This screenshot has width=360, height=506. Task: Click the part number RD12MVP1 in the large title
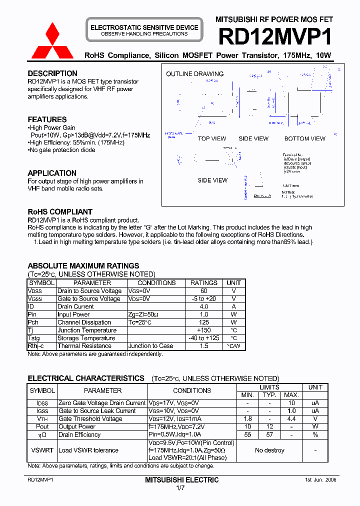point(275,37)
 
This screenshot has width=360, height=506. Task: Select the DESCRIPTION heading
point(52,73)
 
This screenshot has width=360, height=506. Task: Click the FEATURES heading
point(47,119)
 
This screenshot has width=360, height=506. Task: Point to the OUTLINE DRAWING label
point(194,74)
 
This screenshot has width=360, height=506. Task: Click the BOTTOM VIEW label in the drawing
point(304,139)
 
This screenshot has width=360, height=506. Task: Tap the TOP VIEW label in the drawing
point(212,139)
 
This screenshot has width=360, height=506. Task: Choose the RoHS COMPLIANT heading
point(60,212)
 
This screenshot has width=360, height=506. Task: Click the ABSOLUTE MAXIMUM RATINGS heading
point(83,266)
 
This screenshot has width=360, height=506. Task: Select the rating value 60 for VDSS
point(204,291)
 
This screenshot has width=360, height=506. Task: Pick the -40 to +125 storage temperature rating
point(204,338)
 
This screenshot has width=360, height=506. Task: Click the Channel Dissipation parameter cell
point(84,322)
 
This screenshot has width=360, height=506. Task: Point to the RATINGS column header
point(204,283)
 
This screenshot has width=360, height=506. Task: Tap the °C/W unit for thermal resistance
point(233,346)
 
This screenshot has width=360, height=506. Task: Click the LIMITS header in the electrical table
point(269,387)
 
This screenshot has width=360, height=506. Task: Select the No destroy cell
point(269,450)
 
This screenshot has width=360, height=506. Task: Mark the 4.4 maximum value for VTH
point(292,419)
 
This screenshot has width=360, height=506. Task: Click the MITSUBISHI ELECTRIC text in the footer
point(182,480)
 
